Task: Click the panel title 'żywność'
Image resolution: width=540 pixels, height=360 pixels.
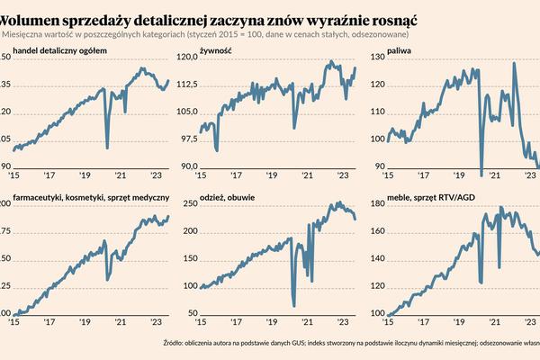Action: (217, 50)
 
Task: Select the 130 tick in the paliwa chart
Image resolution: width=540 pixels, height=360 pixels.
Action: (376, 57)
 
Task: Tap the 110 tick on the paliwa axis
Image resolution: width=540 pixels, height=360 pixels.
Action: (376, 112)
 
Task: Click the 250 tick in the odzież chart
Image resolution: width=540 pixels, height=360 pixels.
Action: (190, 204)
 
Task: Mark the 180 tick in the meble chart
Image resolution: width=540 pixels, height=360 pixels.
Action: (376, 204)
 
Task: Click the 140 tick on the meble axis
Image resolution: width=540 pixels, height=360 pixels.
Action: (376, 260)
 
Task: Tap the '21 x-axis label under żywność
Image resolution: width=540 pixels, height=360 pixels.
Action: (306, 176)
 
